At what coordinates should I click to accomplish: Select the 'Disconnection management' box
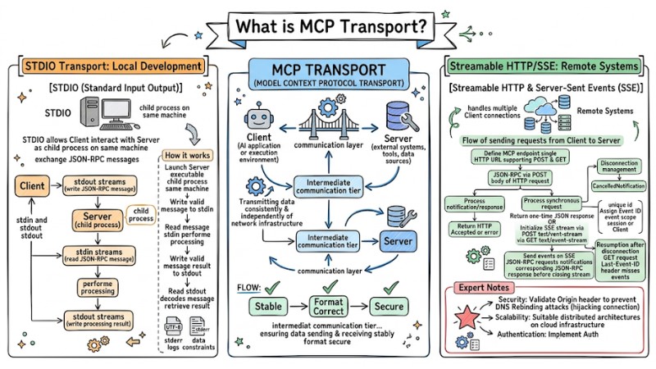pos(616,166)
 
